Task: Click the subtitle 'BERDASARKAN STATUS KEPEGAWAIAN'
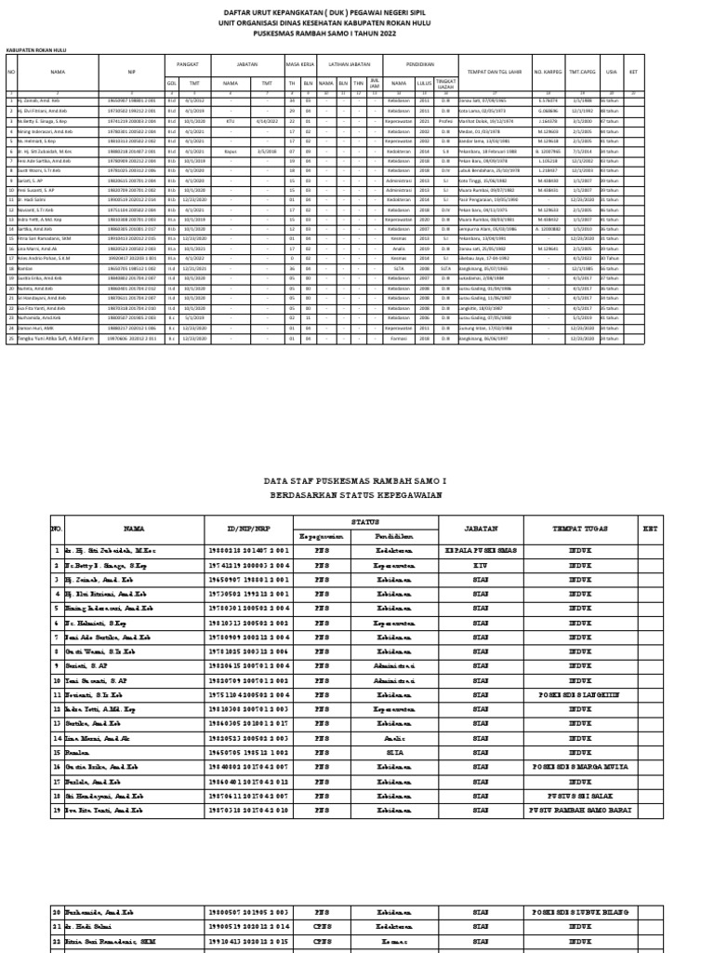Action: point(355,496)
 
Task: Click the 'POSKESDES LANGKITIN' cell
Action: point(581,694)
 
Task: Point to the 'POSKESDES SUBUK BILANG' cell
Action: point(581,914)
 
